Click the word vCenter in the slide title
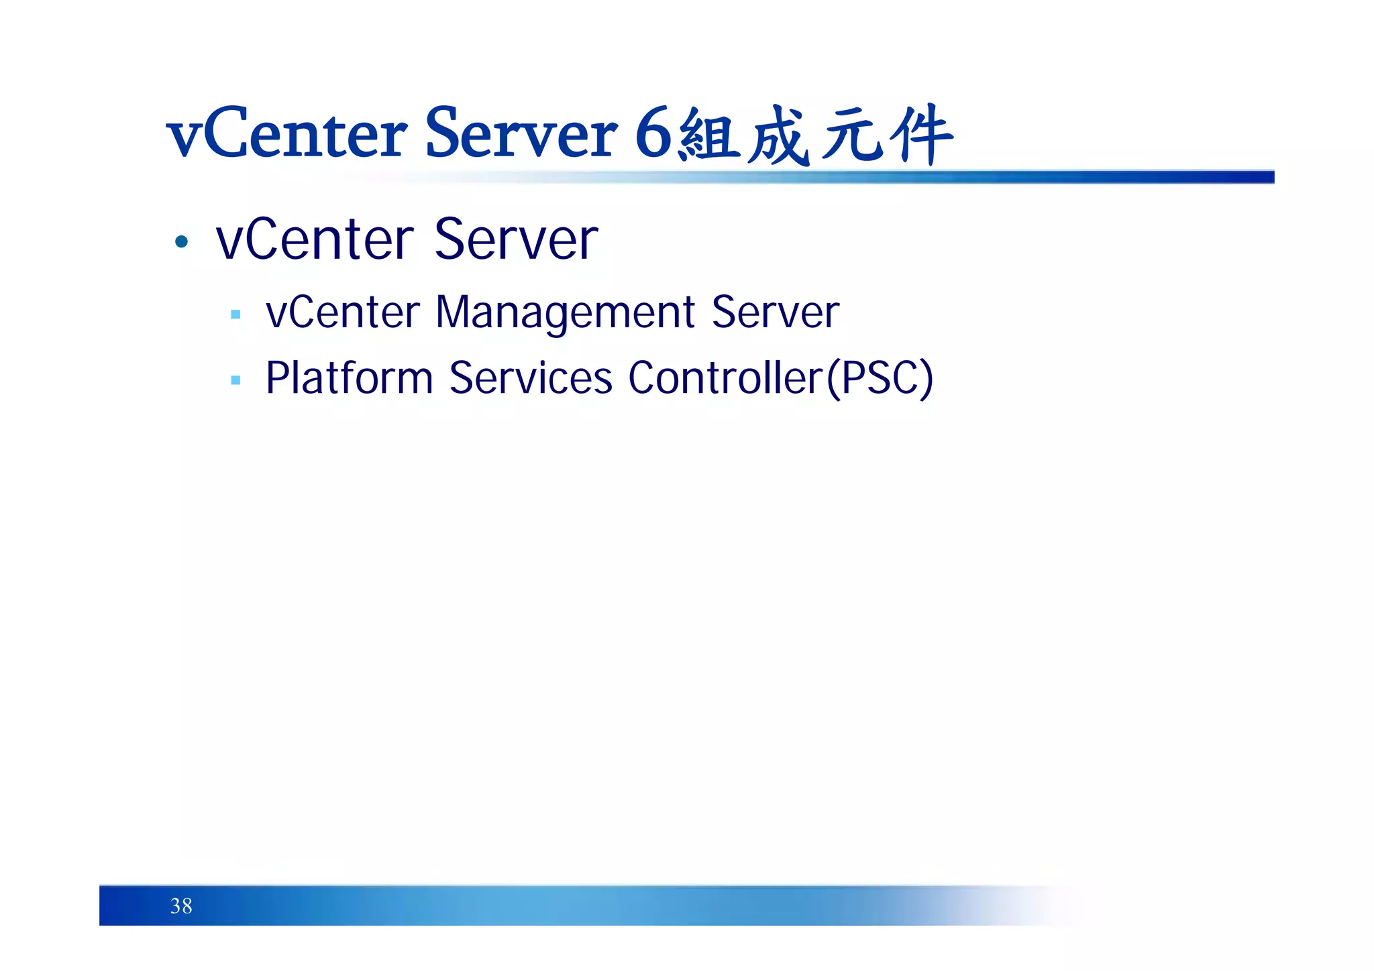tap(287, 134)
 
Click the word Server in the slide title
tap(521, 134)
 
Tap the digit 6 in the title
tap(653, 134)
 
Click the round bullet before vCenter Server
tap(181, 241)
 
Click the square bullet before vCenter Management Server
tap(235, 314)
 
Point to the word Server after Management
tap(775, 312)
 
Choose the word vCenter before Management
tap(343, 312)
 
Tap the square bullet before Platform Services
tap(235, 380)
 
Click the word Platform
tap(349, 378)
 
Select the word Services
tap(530, 378)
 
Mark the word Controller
tap(725, 378)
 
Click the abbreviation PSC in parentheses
tap(880, 378)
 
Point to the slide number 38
tap(181, 906)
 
